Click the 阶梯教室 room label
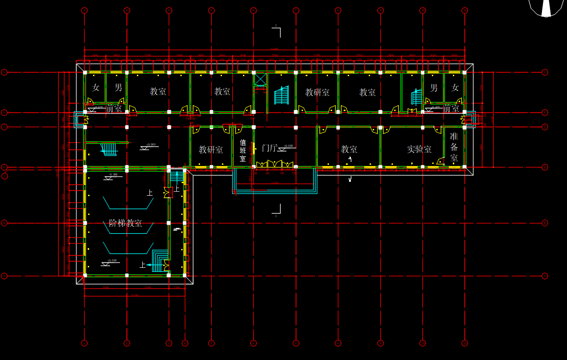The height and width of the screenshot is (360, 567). pyautogui.click(x=125, y=223)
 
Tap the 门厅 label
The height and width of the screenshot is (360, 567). pyautogui.click(x=269, y=148)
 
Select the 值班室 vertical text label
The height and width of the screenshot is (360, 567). pyautogui.click(x=243, y=150)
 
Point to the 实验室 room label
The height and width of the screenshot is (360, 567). pyautogui.click(x=419, y=149)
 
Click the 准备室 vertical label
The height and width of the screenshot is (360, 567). pyautogui.click(x=454, y=147)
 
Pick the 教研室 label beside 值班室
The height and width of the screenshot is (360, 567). pyautogui.click(x=211, y=150)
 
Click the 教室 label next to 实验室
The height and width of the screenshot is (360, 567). pyautogui.click(x=349, y=149)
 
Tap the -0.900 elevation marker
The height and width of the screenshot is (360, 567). pyautogui.click(x=113, y=175)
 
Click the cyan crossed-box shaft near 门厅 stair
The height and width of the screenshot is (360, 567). pyautogui.click(x=260, y=79)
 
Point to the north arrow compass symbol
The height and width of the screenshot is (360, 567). pyautogui.click(x=546, y=8)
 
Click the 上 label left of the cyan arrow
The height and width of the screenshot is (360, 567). pyautogui.click(x=142, y=265)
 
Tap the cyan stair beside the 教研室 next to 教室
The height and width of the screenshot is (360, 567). pyautogui.click(x=281, y=95)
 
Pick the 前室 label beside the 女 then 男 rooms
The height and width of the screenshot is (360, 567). pyautogui.click(x=114, y=108)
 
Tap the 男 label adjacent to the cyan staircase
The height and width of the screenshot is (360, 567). pyautogui.click(x=434, y=88)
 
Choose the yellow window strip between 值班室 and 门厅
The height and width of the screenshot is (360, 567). pyautogui.click(x=253, y=148)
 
